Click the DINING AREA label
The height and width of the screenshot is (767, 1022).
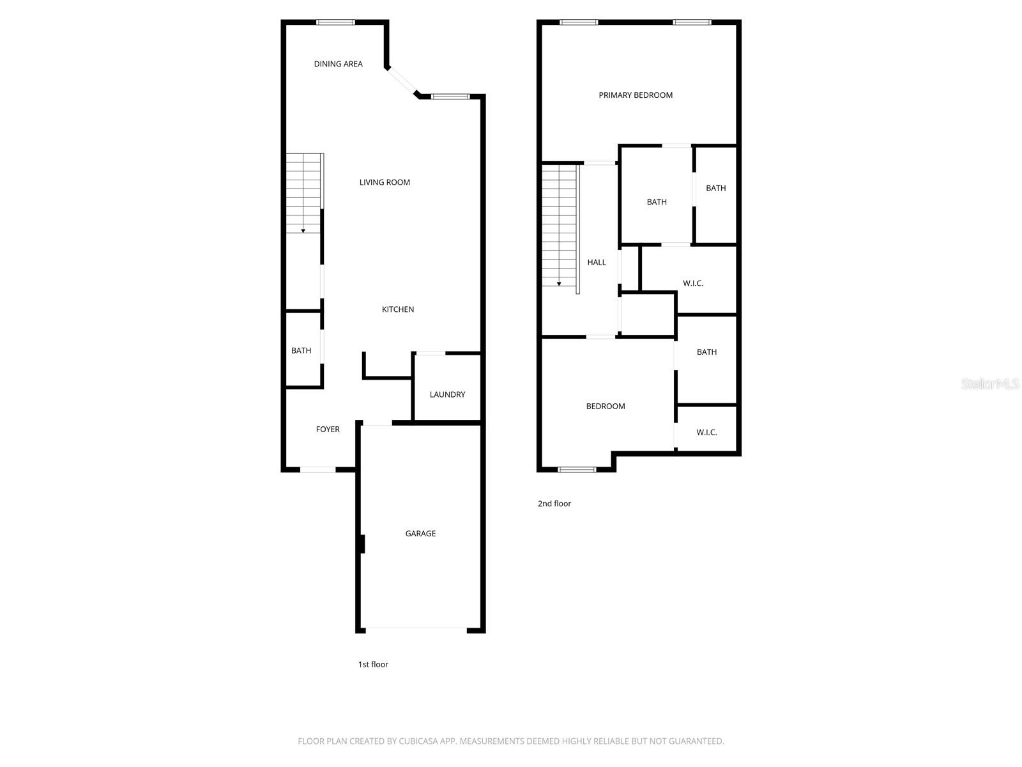tap(338, 64)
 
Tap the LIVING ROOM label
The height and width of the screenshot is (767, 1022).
tap(385, 182)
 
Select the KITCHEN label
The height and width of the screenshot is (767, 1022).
tap(398, 309)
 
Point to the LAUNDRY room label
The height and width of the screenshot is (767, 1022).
tap(447, 394)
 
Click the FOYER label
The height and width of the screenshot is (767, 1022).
tap(328, 430)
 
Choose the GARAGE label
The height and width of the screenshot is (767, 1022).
tap(420, 534)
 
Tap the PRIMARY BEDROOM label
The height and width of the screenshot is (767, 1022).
tap(636, 95)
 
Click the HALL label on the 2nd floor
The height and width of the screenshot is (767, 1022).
tap(597, 262)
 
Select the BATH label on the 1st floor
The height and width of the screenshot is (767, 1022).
tap(301, 350)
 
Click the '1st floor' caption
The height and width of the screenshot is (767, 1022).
tap(373, 665)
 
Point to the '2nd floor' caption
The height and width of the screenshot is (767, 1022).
tap(554, 504)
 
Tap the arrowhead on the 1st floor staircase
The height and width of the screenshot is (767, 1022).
tap(303, 230)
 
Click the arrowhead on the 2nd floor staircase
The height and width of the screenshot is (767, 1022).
tap(559, 283)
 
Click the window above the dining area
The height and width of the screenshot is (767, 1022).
tap(335, 22)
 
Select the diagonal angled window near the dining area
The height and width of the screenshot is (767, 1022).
tap(401, 81)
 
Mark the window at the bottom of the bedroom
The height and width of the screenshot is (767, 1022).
tap(577, 470)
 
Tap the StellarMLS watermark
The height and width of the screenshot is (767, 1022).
tap(990, 383)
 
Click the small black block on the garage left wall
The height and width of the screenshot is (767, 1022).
tap(362, 544)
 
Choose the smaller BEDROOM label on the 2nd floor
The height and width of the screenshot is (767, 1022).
tap(606, 407)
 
